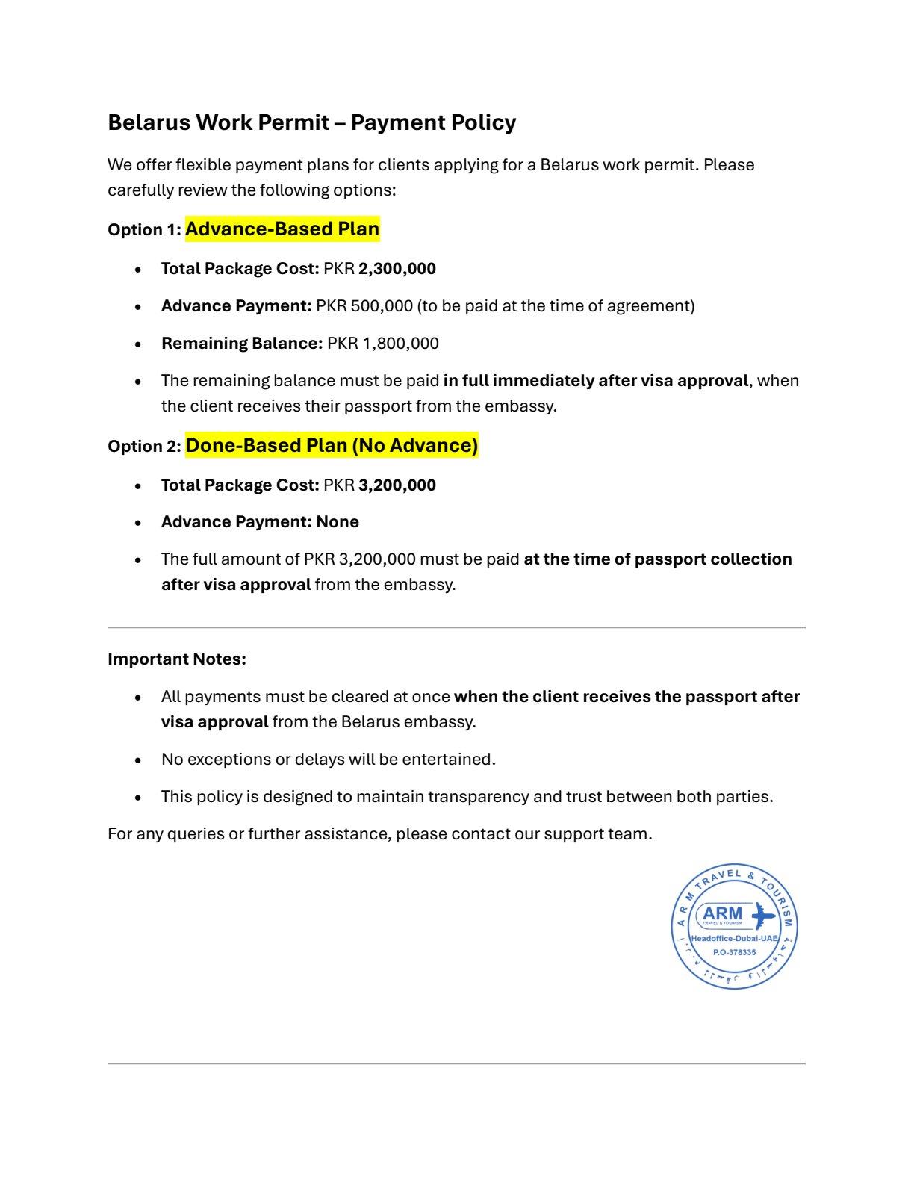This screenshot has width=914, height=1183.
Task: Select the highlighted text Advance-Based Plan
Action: pos(282,229)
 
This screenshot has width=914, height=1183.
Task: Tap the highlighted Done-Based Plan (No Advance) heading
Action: pos(332,445)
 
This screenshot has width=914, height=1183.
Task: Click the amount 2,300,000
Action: pos(397,269)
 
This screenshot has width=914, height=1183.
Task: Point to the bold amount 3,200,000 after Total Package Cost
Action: pos(397,485)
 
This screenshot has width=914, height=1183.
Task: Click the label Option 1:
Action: pos(144,230)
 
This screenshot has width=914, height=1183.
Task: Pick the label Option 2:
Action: pos(144,447)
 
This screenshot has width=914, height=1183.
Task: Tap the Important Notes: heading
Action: pos(177,659)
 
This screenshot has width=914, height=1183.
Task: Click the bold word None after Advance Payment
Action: pos(338,522)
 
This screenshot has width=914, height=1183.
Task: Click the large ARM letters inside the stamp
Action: pos(723,913)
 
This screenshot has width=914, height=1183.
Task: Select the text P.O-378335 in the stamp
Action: pos(734,952)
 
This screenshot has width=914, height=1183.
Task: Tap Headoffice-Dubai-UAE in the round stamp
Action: pos(734,938)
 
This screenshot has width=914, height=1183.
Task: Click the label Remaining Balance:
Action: pos(241,344)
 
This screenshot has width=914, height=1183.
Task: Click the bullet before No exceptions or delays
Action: pos(138,760)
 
